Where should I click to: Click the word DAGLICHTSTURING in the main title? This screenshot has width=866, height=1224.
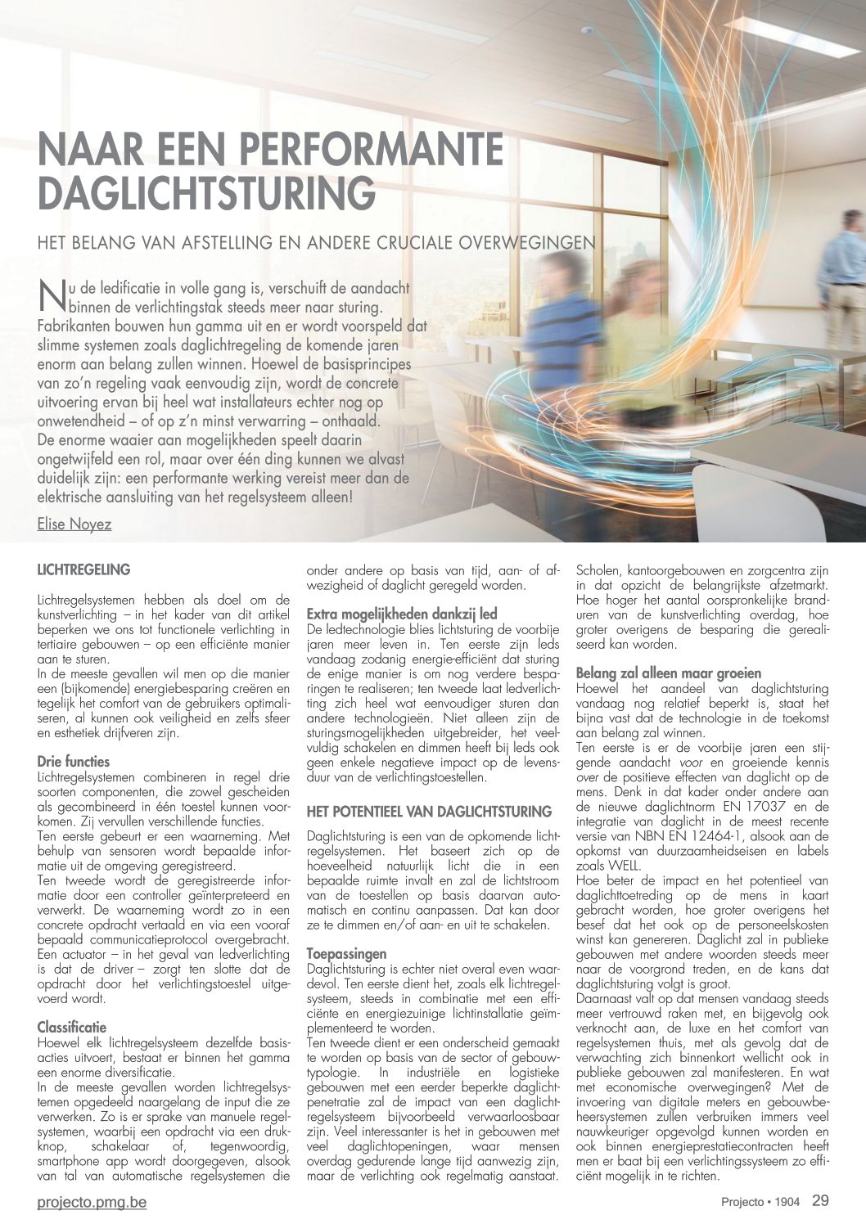coord(207,192)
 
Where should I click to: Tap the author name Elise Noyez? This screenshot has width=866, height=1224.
coord(74,524)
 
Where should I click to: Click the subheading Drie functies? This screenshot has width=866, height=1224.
coord(74,761)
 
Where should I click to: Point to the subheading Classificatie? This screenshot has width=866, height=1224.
coord(72,1027)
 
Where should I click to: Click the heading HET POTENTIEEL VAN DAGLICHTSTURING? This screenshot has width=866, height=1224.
coord(429,812)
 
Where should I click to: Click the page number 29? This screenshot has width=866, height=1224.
coord(820,1201)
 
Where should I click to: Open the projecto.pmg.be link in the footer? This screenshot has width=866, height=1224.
coord(92,1203)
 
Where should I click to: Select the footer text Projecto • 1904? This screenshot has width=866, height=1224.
coord(760,1203)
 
